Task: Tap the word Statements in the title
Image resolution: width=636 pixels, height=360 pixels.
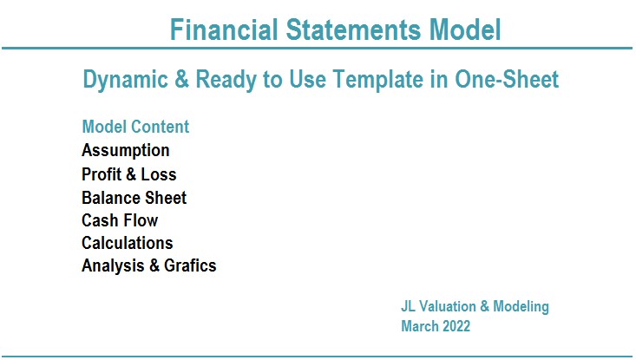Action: click(353, 29)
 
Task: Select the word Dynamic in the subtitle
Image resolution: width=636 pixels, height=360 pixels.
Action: click(125, 80)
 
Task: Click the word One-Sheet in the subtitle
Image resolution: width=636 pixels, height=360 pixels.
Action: click(507, 79)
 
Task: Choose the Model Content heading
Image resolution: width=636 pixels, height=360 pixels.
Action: click(135, 127)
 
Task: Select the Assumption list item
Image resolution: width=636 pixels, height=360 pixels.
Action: click(125, 151)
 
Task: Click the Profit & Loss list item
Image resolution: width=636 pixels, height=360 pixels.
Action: click(129, 174)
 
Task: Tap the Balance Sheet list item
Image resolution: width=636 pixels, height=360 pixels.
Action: click(134, 198)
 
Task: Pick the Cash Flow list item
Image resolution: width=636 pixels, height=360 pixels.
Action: click(120, 220)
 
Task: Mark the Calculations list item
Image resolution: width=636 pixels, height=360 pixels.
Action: click(128, 243)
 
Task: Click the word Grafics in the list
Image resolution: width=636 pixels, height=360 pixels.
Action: click(190, 265)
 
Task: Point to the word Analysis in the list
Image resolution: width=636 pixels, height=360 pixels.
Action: click(113, 266)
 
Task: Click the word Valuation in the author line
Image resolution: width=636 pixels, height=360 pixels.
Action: click(448, 306)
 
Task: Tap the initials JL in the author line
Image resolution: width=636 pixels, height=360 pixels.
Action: click(408, 306)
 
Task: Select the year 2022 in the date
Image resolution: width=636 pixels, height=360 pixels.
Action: click(456, 326)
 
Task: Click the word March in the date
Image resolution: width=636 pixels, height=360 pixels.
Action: click(420, 326)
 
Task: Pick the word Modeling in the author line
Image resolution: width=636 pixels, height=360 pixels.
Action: click(521, 307)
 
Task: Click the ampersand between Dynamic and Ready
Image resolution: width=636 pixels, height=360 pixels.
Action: click(181, 79)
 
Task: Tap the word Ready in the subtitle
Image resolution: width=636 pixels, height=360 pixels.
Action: click(226, 80)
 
